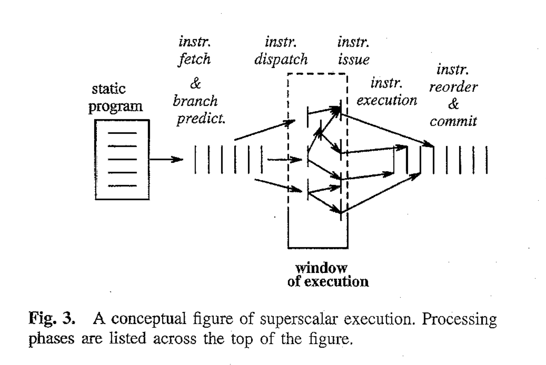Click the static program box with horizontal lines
pyautogui.click(x=122, y=160)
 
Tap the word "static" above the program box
pyautogui.click(x=108, y=89)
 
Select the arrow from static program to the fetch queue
pyautogui.click(x=166, y=159)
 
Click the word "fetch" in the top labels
pyautogui.click(x=195, y=59)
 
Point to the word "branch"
pyautogui.click(x=195, y=101)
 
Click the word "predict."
pyautogui.click(x=201, y=119)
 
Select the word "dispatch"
pyautogui.click(x=281, y=59)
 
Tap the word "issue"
pyautogui.click(x=353, y=59)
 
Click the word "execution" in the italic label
pyautogui.click(x=387, y=100)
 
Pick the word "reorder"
pyautogui.click(x=453, y=87)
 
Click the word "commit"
pyautogui.click(x=453, y=121)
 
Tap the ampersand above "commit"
pyautogui.click(x=453, y=104)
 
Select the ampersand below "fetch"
pyautogui.click(x=195, y=83)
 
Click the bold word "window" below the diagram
pyautogui.click(x=321, y=268)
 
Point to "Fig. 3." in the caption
pyautogui.click(x=52, y=318)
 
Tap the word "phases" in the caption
pyautogui.click(x=51, y=338)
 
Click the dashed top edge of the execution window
pyautogui.click(x=317, y=74)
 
